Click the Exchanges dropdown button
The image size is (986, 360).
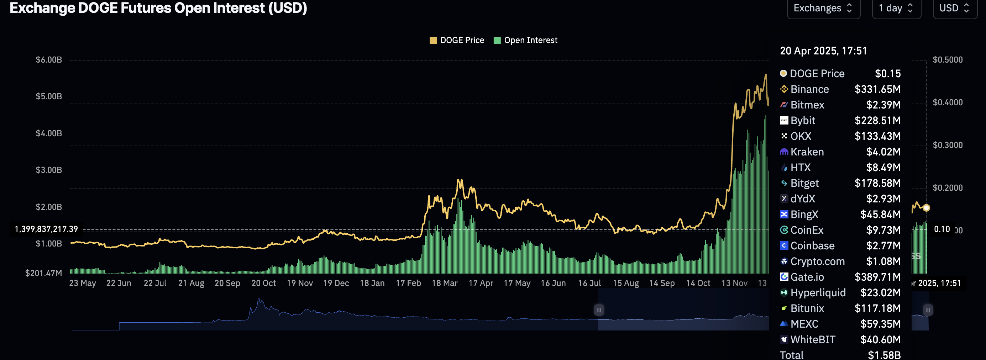(823, 8)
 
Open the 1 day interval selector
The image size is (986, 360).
(896, 8)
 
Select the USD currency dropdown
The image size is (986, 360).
(955, 8)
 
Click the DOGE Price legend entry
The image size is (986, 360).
(457, 40)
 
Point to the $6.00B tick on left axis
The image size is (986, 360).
(49, 60)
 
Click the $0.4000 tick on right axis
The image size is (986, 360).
(947, 102)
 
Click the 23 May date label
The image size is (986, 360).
(82, 283)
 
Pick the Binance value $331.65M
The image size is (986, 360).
(877, 89)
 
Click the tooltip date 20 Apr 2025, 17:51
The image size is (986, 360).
(823, 51)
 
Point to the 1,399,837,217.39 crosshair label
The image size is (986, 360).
(46, 229)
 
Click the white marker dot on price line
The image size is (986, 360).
(926, 208)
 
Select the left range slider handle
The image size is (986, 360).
(599, 309)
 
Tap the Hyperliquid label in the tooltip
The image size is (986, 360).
(818, 293)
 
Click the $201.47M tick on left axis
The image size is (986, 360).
(43, 273)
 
